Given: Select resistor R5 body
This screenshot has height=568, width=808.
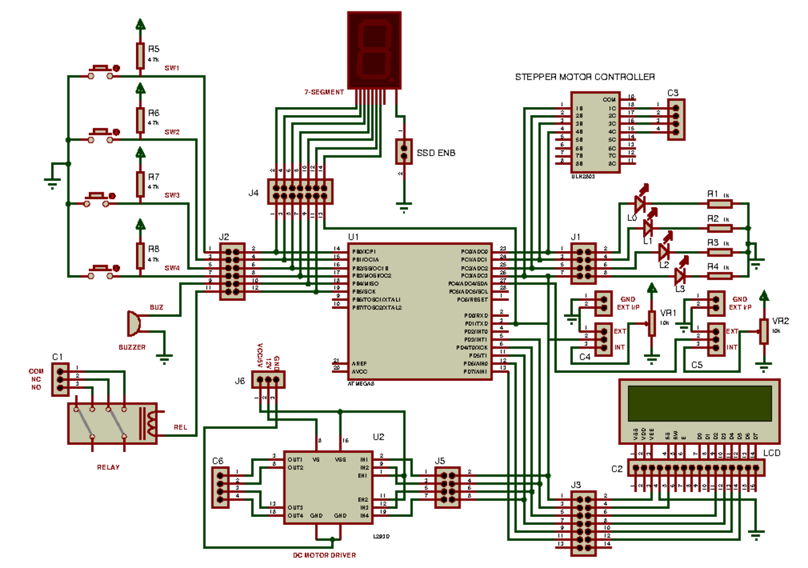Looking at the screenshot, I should coord(140,56).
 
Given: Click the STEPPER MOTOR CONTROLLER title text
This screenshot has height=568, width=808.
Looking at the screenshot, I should coord(584,77).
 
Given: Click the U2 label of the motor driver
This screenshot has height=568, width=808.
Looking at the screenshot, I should coord(378,437).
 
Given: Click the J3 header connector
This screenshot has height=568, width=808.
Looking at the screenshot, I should coord(582,524).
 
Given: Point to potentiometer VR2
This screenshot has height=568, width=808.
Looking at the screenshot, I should coord(764,331).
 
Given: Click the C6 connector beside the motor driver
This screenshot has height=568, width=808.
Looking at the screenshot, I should coord(220,488).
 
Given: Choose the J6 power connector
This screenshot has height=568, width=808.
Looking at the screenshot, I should coord(268,380).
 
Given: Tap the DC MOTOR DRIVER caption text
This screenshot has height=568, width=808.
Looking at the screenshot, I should coord(324,555).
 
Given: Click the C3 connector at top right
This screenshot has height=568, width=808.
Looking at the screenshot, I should coord(676,120).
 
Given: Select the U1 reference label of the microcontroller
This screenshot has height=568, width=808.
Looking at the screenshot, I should coord(353,238).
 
